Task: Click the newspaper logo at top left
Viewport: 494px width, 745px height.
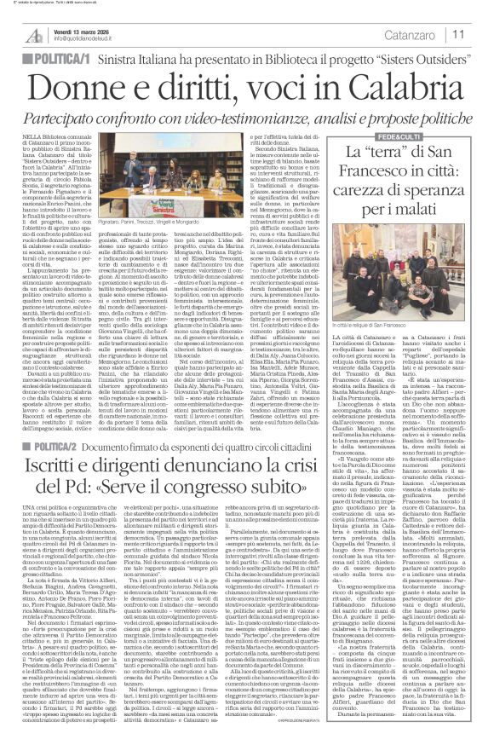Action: click(x=33, y=34)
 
